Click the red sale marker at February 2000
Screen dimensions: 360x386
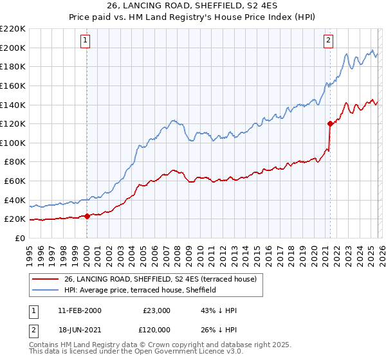pos(87,216)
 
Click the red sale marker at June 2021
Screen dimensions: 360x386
pos(330,123)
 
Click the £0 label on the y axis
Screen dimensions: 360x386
pos(19,238)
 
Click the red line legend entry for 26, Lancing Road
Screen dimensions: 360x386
pos(160,279)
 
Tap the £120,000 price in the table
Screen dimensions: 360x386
pos(156,330)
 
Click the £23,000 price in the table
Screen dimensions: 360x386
pos(156,310)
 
